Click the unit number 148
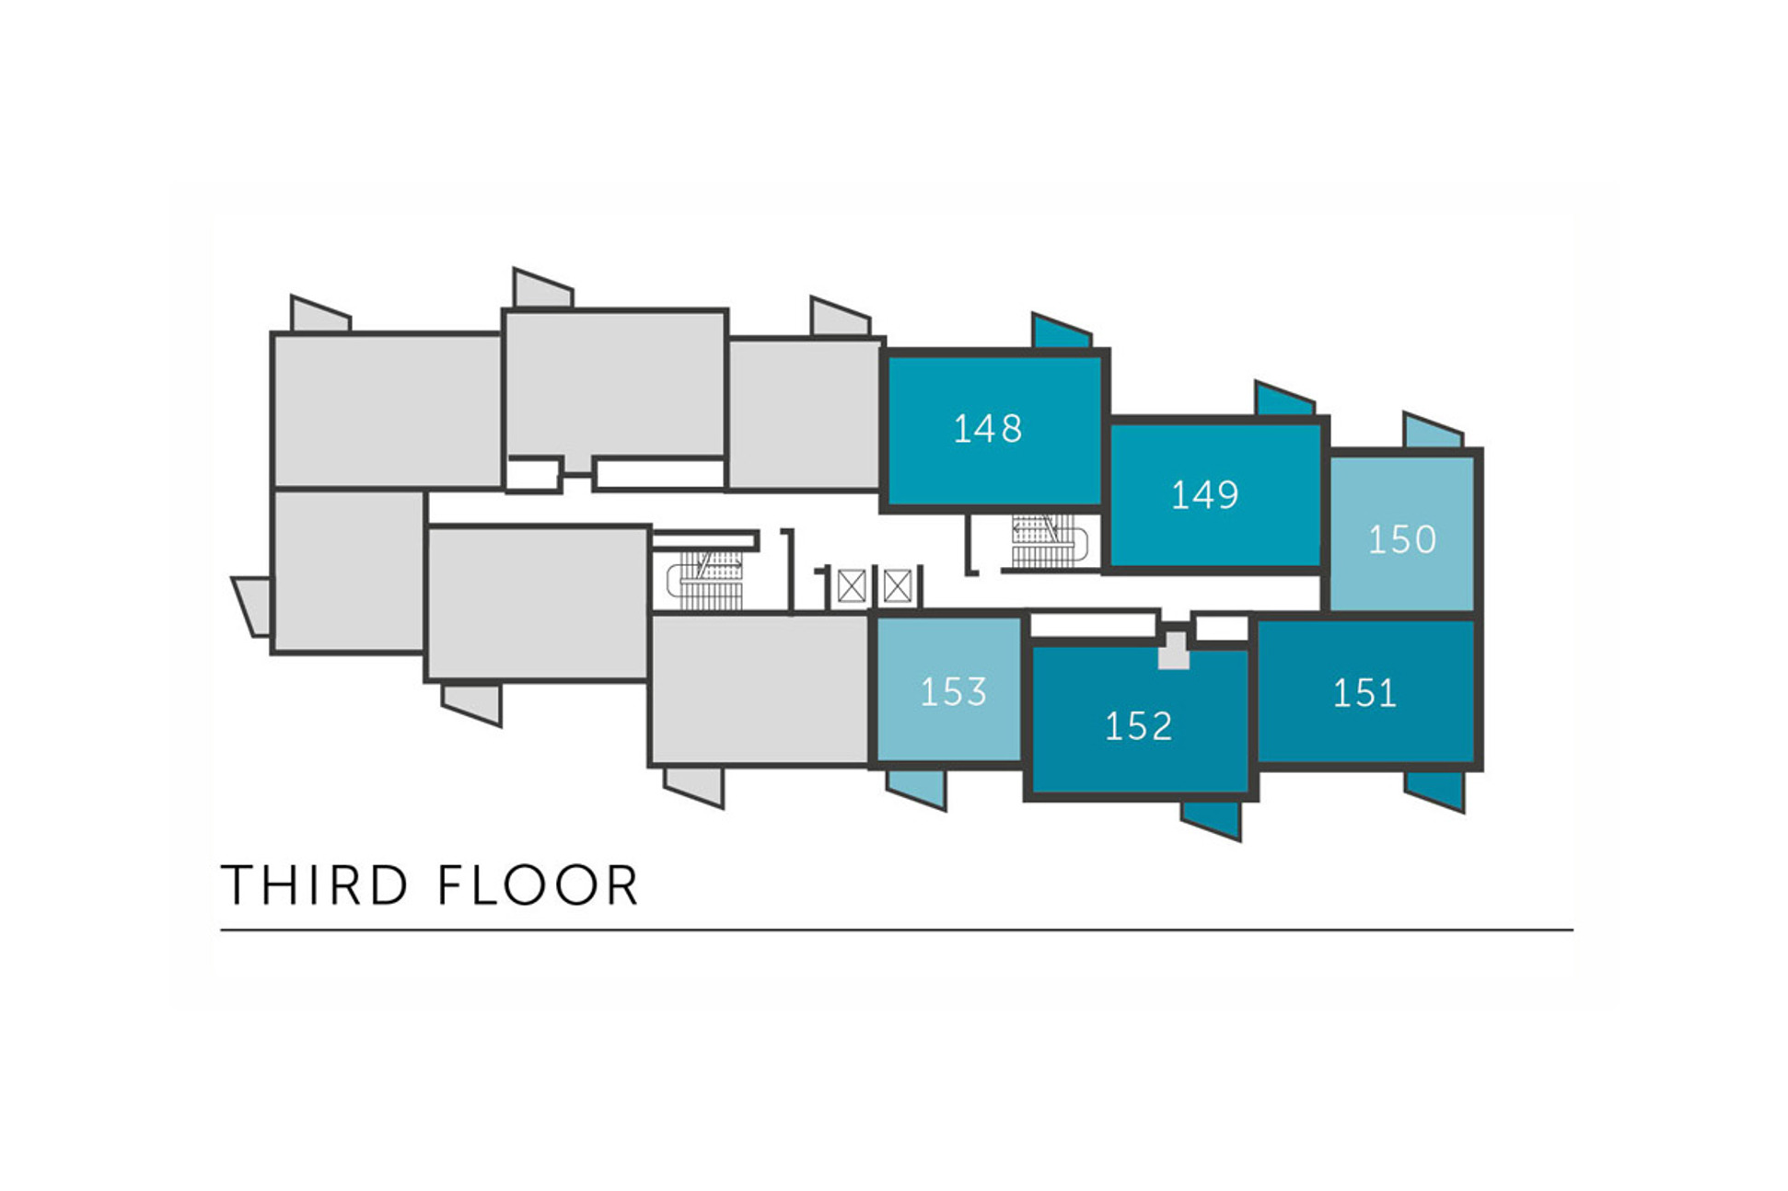pos(987,429)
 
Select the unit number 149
pos(1204,495)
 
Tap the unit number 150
pos(1401,539)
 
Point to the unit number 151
pos(1364,693)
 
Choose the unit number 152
pos(1138,727)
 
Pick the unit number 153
pos(953,692)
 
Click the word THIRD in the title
pos(314,885)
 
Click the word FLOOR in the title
pos(538,885)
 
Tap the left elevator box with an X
pos(852,586)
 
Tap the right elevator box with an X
pos(897,586)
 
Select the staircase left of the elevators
pos(705,581)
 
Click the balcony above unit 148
pos(1062,331)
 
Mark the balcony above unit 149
pos(1284,399)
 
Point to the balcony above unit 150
pos(1433,431)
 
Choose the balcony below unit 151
pos(1434,790)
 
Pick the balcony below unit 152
pos(1211,818)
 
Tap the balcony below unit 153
pos(916,789)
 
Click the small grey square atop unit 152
pos(1173,650)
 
